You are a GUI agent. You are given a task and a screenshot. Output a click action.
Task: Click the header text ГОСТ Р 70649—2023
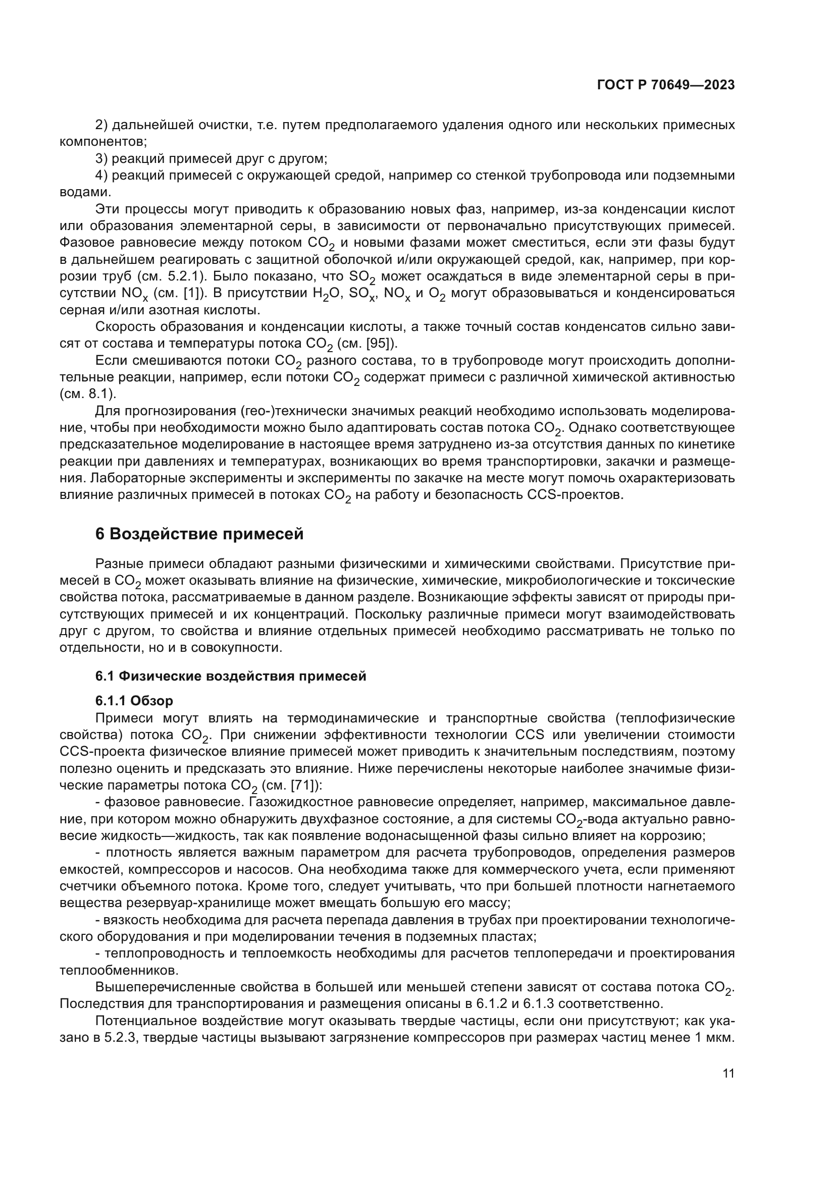[665, 85]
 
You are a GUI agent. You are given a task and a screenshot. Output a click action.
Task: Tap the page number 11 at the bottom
[728, 1074]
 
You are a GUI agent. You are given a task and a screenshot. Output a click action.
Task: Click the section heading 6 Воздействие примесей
[199, 534]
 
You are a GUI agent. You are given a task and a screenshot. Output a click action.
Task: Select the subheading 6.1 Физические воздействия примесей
[231, 677]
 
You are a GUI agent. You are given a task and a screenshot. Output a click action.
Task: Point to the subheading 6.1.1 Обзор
[134, 701]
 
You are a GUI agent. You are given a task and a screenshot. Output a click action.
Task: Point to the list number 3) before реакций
[101, 159]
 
